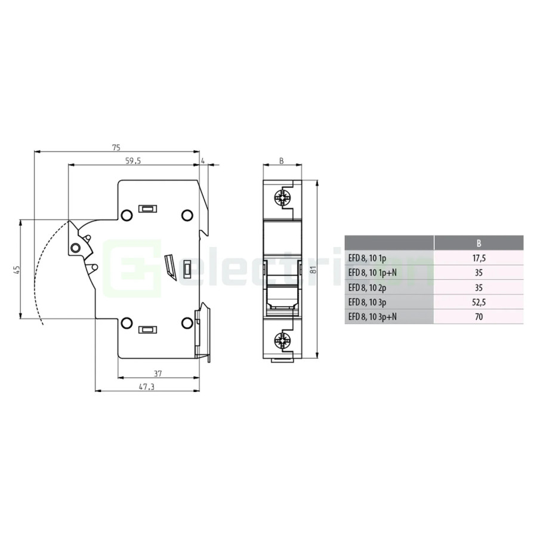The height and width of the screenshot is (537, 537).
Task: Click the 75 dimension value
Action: [116, 147]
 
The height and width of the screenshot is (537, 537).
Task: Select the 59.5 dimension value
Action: [133, 161]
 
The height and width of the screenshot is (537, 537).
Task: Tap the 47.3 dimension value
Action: [147, 387]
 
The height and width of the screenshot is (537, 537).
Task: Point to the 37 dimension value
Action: [158, 374]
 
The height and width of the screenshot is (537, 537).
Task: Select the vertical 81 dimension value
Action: [312, 270]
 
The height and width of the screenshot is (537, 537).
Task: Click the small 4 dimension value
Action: [203, 161]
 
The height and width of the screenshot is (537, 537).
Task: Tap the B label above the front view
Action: [282, 161]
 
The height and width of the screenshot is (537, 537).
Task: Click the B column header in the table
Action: [479, 243]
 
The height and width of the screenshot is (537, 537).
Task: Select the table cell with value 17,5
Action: [479, 258]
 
